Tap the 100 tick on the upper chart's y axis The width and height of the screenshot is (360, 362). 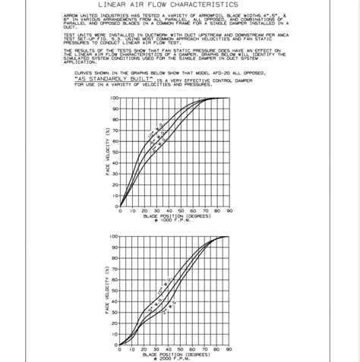pos(114,98)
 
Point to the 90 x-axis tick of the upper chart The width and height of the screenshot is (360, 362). pos(229,210)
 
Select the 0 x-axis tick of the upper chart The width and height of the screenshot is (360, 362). pos(120,210)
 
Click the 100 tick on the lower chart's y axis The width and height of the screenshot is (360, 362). pos(114,236)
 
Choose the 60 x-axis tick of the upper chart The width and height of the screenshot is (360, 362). pos(193,210)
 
